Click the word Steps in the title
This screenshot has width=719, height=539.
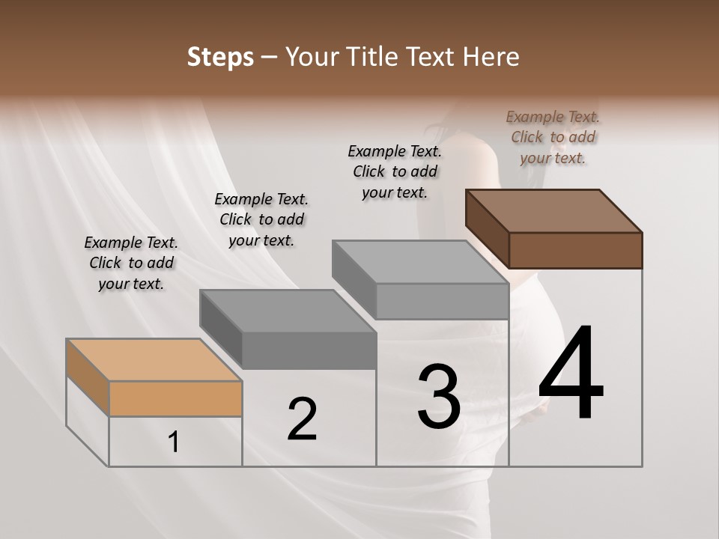[x=220, y=57]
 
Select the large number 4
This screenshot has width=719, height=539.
[x=571, y=374]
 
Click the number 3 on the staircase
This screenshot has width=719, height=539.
[x=439, y=397]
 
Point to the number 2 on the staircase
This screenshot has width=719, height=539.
[x=302, y=419]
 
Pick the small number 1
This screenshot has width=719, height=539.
[x=174, y=442]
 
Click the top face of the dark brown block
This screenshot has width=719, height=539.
[x=554, y=211]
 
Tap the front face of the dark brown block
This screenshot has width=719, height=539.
[x=575, y=250]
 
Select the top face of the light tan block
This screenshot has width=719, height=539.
[x=154, y=360]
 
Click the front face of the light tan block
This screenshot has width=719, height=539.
[x=175, y=398]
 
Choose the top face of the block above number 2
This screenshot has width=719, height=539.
[x=288, y=311]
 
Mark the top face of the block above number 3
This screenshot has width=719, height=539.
[x=421, y=261]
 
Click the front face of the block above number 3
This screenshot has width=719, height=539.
[x=442, y=301]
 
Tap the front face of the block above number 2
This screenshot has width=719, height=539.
[x=309, y=350]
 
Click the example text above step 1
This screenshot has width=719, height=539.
[x=131, y=263]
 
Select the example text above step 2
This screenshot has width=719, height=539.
[x=261, y=219]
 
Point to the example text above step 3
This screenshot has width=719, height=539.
[x=395, y=171]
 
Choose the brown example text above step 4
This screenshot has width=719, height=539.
[x=553, y=137]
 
